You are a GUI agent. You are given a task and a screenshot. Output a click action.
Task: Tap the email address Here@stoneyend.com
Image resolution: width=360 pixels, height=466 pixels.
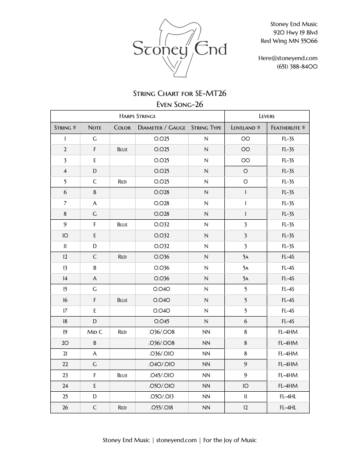(288, 58)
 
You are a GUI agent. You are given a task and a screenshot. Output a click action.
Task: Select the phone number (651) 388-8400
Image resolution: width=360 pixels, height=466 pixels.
(297, 67)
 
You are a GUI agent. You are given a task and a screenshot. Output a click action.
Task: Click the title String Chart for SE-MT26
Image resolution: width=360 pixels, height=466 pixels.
(180, 93)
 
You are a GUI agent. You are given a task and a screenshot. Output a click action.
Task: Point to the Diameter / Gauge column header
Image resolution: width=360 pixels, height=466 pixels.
(162, 128)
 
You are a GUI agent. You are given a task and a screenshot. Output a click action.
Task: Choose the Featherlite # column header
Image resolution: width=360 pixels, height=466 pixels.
(288, 128)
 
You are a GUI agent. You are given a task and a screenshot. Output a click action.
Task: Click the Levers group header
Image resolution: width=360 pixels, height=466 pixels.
(267, 116)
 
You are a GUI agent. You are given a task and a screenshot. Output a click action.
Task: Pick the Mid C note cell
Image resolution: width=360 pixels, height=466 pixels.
(95, 332)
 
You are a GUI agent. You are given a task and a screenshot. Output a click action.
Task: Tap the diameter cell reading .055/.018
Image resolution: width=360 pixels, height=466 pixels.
(162, 408)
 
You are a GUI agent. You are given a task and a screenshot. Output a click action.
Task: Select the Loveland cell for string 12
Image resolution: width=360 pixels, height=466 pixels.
(246, 257)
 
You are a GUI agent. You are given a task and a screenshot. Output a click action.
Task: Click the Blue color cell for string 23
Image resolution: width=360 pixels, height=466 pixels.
(122, 375)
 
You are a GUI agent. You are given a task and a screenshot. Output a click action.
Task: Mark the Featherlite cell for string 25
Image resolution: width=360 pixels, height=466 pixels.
(288, 397)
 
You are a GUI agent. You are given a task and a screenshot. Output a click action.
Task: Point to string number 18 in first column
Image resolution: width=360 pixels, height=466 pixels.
(65, 321)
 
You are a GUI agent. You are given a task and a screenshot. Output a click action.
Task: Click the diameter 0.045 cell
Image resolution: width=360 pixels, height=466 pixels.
(162, 321)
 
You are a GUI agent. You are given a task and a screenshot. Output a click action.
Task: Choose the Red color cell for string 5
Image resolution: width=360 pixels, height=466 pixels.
(122, 182)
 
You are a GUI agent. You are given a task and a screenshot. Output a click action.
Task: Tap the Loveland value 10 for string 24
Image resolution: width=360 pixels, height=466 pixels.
(246, 386)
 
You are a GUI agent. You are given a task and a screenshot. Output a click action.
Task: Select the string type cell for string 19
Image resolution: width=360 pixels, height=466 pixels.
(206, 332)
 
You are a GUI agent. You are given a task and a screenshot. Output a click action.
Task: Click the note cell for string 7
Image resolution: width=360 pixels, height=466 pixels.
(95, 203)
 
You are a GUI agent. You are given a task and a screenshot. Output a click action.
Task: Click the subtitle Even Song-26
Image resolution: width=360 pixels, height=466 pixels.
(180, 104)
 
